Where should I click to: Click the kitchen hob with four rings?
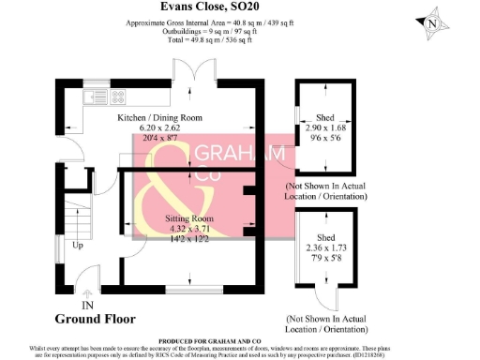121,96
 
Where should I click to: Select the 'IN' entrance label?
88,305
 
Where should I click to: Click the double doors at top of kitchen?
184,72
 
